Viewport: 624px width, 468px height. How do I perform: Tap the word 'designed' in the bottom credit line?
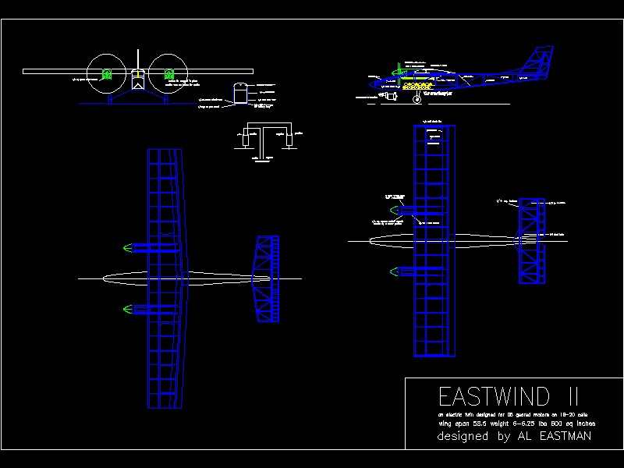(x=464, y=437)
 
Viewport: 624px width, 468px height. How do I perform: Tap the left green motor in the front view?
(x=107, y=75)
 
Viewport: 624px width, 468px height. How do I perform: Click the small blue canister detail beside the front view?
(x=240, y=92)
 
